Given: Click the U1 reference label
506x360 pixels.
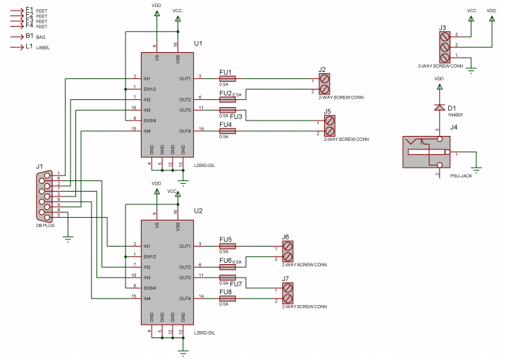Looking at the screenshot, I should (198, 43).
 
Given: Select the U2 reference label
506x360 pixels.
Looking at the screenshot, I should (198, 211).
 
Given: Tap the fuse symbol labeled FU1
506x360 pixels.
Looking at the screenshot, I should (227, 78).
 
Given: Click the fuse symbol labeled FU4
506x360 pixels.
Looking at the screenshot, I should (227, 131).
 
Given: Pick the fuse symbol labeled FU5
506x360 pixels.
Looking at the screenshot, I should (227, 246).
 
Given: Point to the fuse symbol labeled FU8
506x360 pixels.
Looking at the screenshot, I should (227, 299).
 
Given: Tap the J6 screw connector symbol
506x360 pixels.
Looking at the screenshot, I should (288, 252).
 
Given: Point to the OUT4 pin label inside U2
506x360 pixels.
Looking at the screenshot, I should (185, 299).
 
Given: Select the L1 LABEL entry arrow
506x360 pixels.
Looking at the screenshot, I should (17, 47).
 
